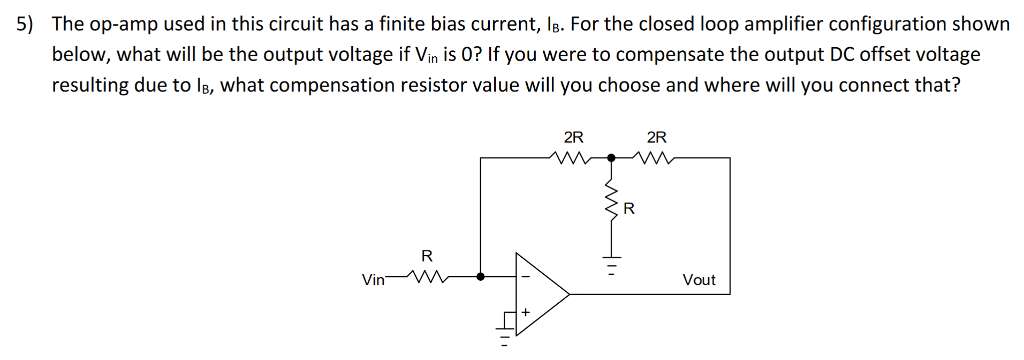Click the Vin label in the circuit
point(372,279)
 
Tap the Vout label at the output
point(699,280)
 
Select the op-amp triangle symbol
point(540,294)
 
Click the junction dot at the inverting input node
point(482,278)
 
